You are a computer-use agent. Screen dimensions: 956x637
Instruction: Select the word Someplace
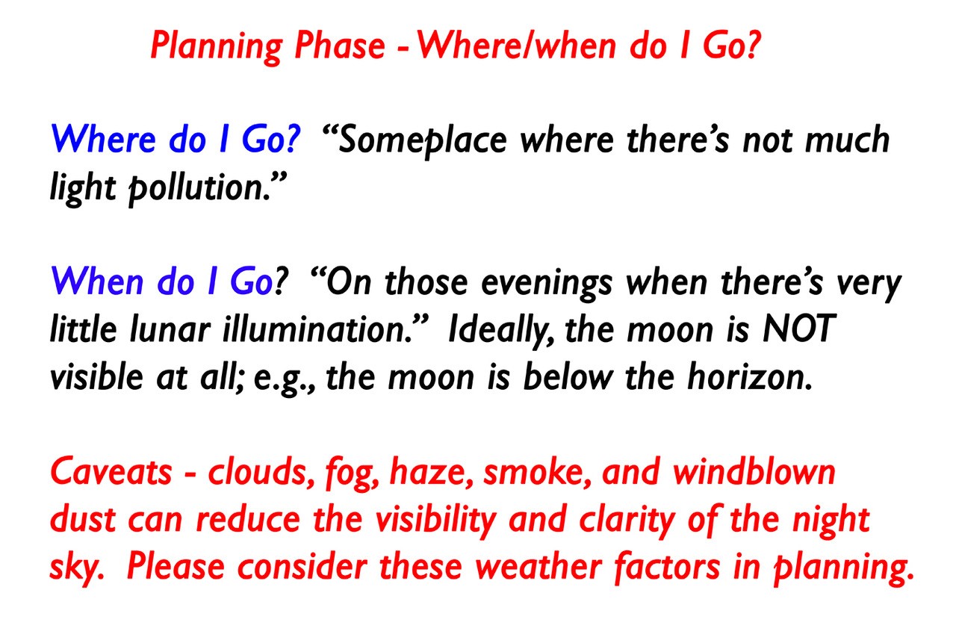(423, 140)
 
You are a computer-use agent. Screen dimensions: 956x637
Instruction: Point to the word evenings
(547, 283)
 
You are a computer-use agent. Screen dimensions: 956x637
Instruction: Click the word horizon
(749, 376)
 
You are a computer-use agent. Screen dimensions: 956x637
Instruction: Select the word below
(568, 376)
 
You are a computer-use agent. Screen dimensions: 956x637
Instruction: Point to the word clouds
(261, 472)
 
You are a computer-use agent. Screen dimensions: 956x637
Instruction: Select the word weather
(538, 567)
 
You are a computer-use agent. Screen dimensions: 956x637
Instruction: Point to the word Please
(176, 567)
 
